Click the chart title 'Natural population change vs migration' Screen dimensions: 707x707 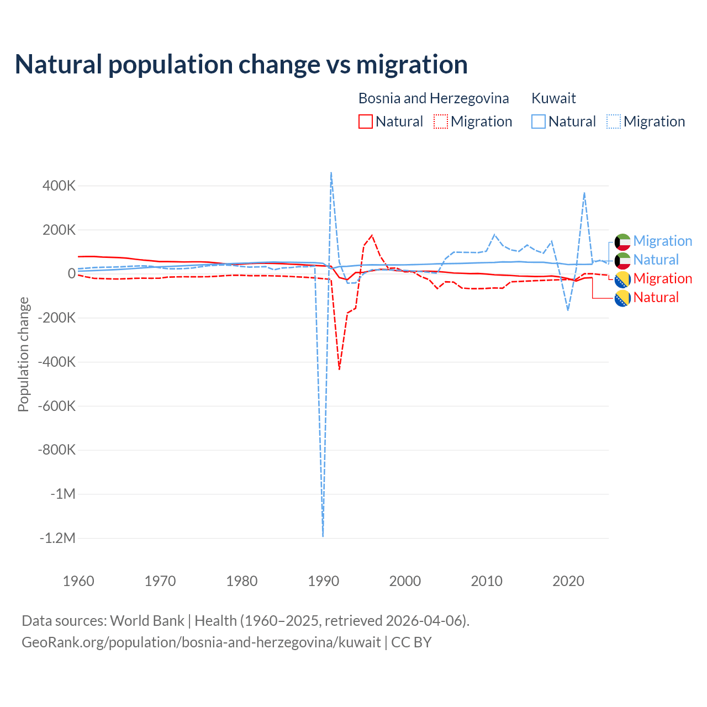(x=241, y=65)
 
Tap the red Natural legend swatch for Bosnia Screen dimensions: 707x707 (x=366, y=122)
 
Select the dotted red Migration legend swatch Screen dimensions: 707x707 (x=441, y=122)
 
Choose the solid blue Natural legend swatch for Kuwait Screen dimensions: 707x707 (x=539, y=122)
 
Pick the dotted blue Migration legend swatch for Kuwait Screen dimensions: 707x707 (x=614, y=122)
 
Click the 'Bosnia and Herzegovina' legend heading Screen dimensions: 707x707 (x=434, y=98)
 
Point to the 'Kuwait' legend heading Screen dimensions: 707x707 (x=553, y=98)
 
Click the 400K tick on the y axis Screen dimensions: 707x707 (x=59, y=186)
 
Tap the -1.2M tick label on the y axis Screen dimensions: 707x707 (x=57, y=538)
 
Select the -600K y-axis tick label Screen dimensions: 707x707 (x=57, y=406)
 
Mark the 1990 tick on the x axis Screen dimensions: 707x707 (x=323, y=581)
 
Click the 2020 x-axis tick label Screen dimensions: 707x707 (x=568, y=581)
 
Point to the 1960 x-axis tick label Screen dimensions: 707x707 (x=78, y=581)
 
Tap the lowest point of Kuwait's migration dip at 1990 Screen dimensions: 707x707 (x=323, y=536)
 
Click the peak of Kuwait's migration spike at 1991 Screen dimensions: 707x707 (x=331, y=172)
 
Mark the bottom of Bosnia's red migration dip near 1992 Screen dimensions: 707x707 (x=339, y=369)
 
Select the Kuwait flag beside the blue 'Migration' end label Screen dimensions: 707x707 (x=622, y=241)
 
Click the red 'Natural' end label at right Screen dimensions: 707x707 (x=656, y=297)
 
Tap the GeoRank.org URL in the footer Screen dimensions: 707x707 (x=201, y=642)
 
